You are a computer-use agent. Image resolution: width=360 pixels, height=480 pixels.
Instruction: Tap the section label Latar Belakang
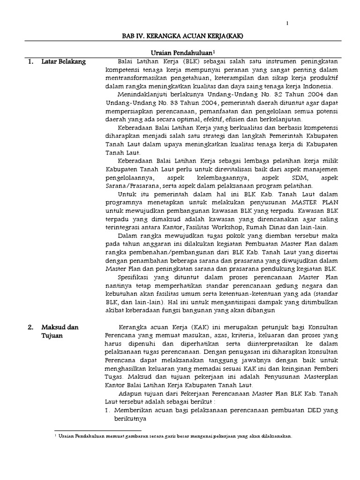click(63, 61)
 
